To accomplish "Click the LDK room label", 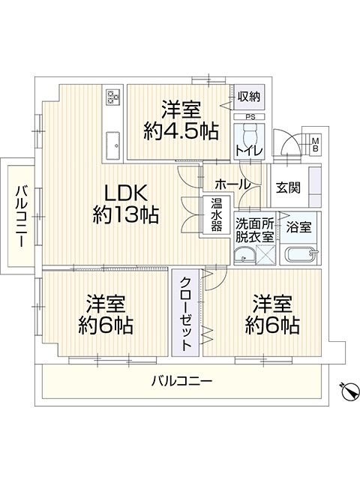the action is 126,193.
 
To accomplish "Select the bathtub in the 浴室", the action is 300,254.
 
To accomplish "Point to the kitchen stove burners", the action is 112,96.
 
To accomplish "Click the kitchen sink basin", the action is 112,146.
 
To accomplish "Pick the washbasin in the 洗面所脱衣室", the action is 244,256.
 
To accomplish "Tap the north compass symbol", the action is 349,391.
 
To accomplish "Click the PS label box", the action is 249,117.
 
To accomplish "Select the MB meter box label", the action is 315,145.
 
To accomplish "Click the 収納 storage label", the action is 249,97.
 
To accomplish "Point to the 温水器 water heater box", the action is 216,215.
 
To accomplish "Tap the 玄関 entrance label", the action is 288,187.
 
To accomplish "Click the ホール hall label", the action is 232,184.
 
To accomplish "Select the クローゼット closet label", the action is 186,313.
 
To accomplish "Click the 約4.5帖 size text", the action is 181,131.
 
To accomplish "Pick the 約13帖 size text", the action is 126,214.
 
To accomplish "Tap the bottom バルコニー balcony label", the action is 181,382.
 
